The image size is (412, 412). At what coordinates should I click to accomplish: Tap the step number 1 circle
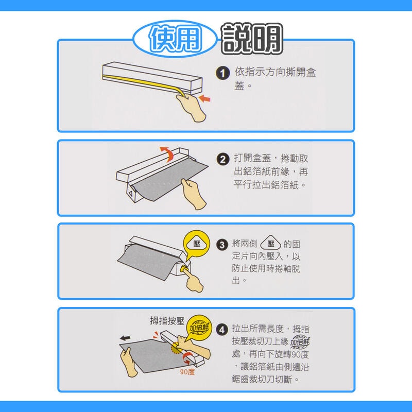point(222,74)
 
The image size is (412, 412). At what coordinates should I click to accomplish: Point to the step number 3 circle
point(222,245)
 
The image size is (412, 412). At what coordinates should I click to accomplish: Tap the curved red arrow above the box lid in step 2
point(166,152)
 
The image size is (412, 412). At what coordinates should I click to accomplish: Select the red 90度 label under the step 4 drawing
point(187,371)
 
